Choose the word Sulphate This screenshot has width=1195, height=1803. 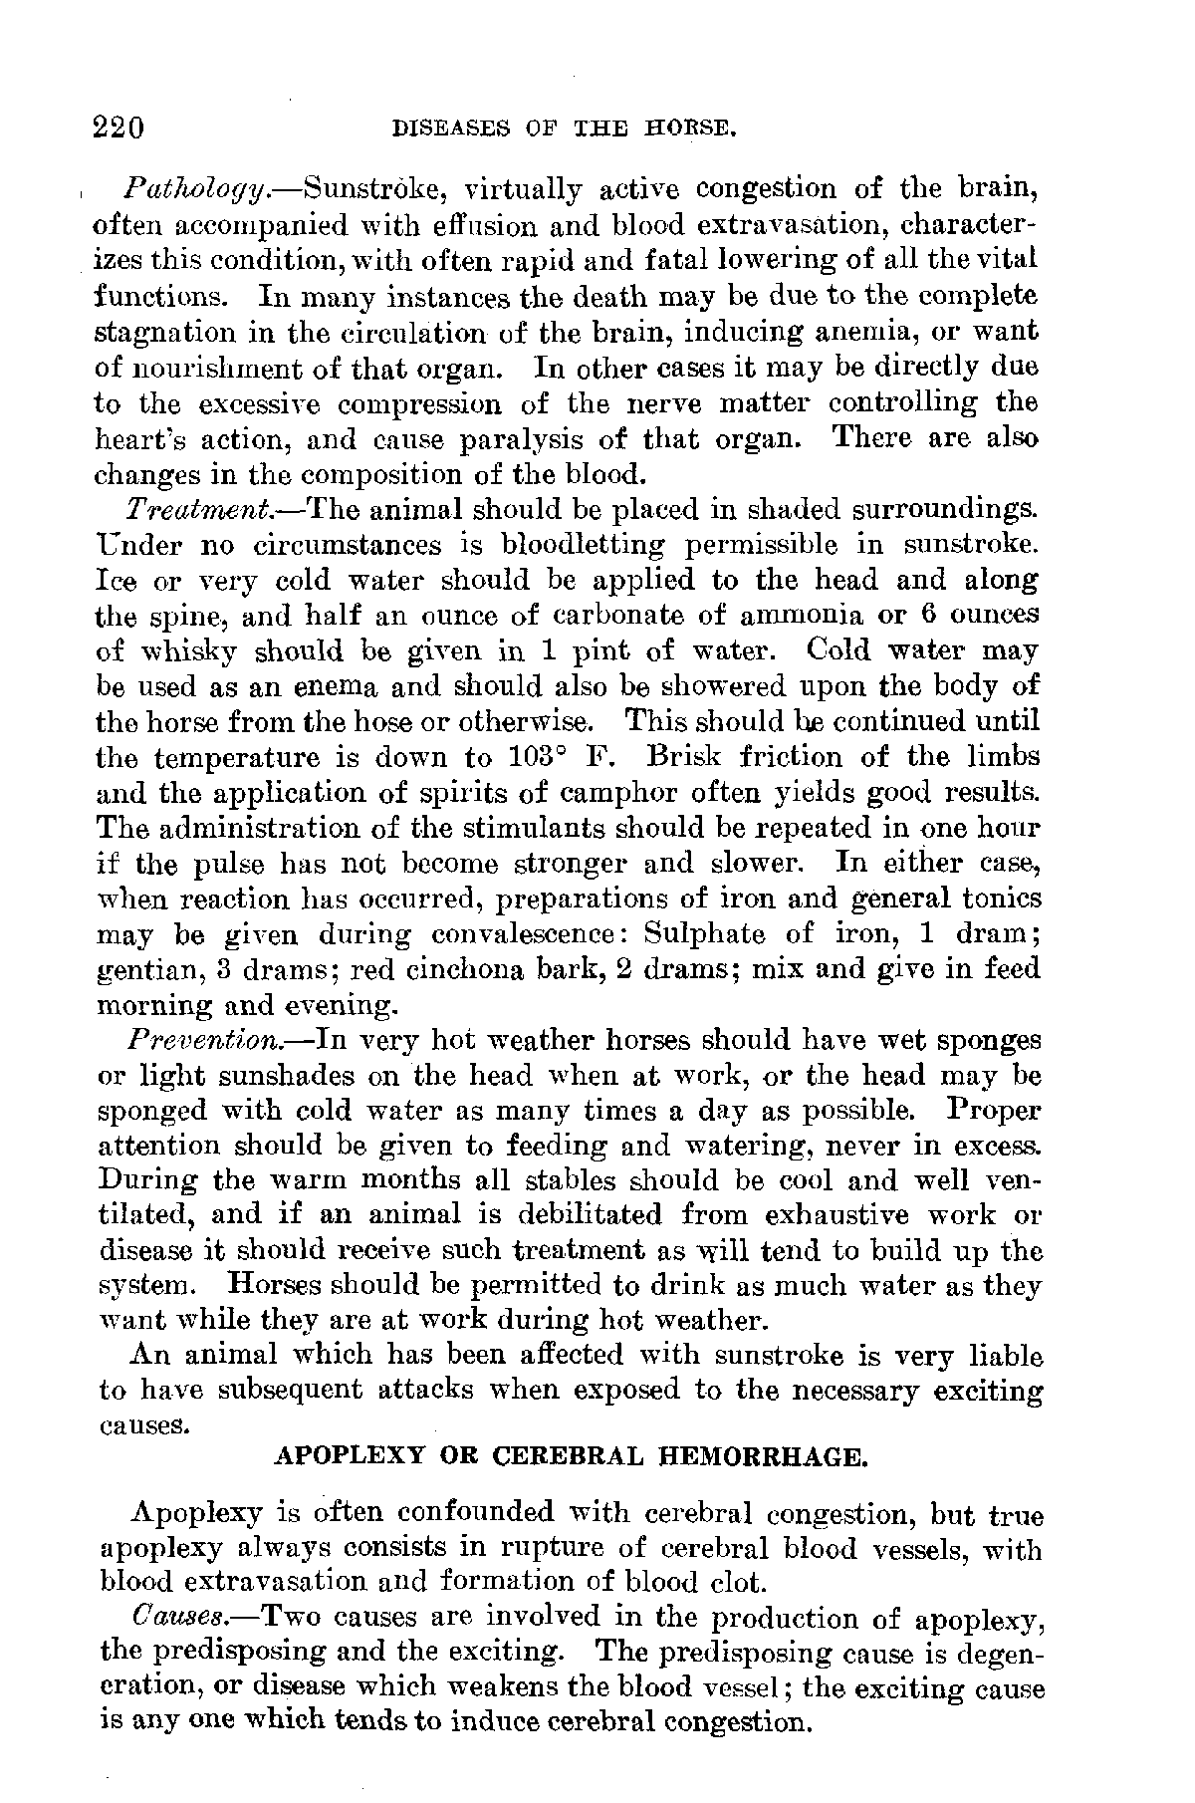coord(705,934)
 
